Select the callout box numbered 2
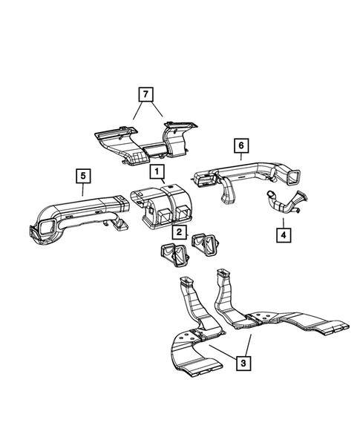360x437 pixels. tap(179, 233)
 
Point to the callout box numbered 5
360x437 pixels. tap(84, 176)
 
